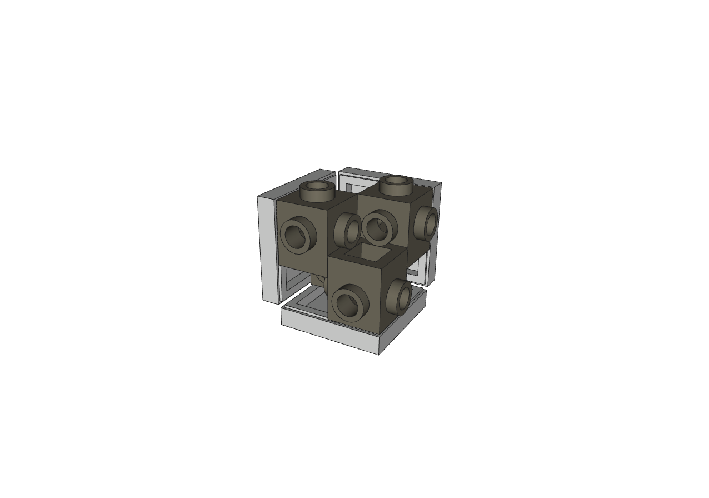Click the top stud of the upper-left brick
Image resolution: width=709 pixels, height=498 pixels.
pos(317,190)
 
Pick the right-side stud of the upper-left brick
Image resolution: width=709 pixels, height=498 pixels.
pos(349,230)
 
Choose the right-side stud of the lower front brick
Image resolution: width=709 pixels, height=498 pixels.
pos(400,295)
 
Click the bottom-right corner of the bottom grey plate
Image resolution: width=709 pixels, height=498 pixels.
pos(380,353)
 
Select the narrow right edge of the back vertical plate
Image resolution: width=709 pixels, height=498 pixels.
pos(437,233)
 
